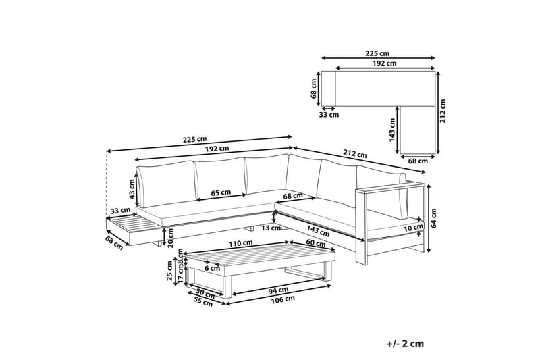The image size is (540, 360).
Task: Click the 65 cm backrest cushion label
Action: [221, 192]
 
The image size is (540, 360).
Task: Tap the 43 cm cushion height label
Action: [132, 190]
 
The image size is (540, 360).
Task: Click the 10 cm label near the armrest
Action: [414, 227]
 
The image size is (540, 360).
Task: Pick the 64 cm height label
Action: [433, 217]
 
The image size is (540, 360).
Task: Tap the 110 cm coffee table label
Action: [241, 243]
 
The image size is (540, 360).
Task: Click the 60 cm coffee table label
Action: [315, 243]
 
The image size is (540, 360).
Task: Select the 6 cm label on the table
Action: [212, 268]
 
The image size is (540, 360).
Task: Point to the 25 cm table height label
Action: [169, 271]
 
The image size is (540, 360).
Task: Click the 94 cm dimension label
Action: [278, 290]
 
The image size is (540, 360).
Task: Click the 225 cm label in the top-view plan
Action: [377, 53]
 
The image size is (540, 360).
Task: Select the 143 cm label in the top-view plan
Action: [391, 130]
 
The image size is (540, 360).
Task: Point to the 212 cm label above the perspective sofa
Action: [355, 153]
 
